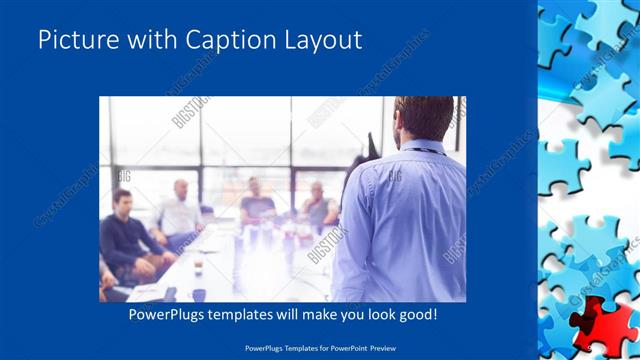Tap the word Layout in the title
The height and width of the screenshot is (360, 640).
pyautogui.click(x=323, y=40)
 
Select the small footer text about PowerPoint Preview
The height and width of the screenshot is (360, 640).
pyautogui.click(x=320, y=348)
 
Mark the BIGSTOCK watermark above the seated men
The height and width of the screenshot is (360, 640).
pyautogui.click(x=190, y=113)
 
